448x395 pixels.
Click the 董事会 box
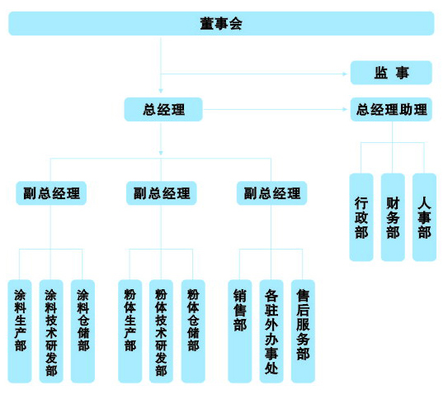click(x=221, y=23)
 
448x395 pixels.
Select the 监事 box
click(x=391, y=73)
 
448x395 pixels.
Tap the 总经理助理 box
click(x=391, y=109)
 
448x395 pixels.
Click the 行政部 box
click(x=361, y=217)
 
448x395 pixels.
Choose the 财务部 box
click(x=393, y=217)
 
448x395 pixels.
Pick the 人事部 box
click(x=424, y=217)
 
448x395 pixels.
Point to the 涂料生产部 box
click(x=20, y=331)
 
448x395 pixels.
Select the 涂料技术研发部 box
click(x=51, y=331)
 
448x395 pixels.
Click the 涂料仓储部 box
click(x=83, y=331)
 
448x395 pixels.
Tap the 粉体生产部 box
click(x=130, y=331)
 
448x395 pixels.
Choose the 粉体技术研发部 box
click(x=161, y=331)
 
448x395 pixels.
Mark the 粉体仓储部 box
click(x=193, y=331)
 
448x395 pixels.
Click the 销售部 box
click(x=240, y=331)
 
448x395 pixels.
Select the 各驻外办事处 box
click(x=271, y=331)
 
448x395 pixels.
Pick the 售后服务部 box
click(x=303, y=331)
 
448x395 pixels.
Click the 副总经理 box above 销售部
click(x=272, y=193)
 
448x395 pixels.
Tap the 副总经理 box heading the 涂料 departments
click(x=51, y=193)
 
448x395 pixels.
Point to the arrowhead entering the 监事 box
click(x=345, y=74)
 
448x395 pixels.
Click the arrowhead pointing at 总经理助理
click(x=345, y=109)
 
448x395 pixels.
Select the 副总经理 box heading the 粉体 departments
click(x=162, y=193)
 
